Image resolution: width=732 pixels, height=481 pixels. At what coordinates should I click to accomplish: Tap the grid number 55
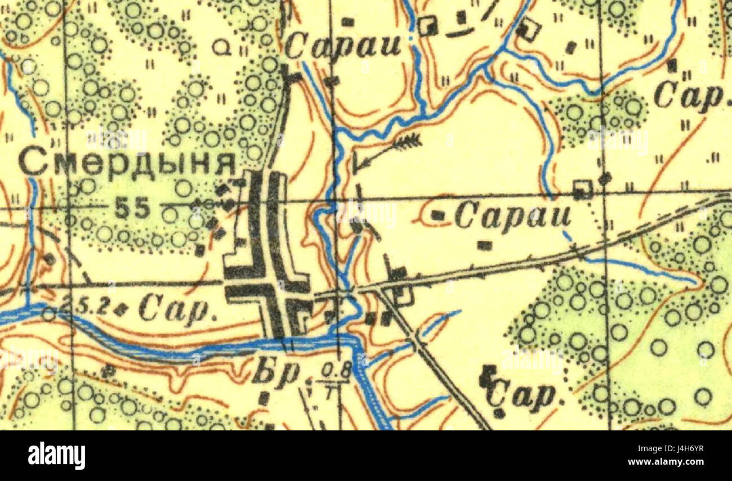(x=133, y=209)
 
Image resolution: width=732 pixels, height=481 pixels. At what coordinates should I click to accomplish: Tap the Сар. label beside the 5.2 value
(x=178, y=310)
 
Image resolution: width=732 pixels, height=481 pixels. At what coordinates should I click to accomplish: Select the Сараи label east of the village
(x=512, y=217)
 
